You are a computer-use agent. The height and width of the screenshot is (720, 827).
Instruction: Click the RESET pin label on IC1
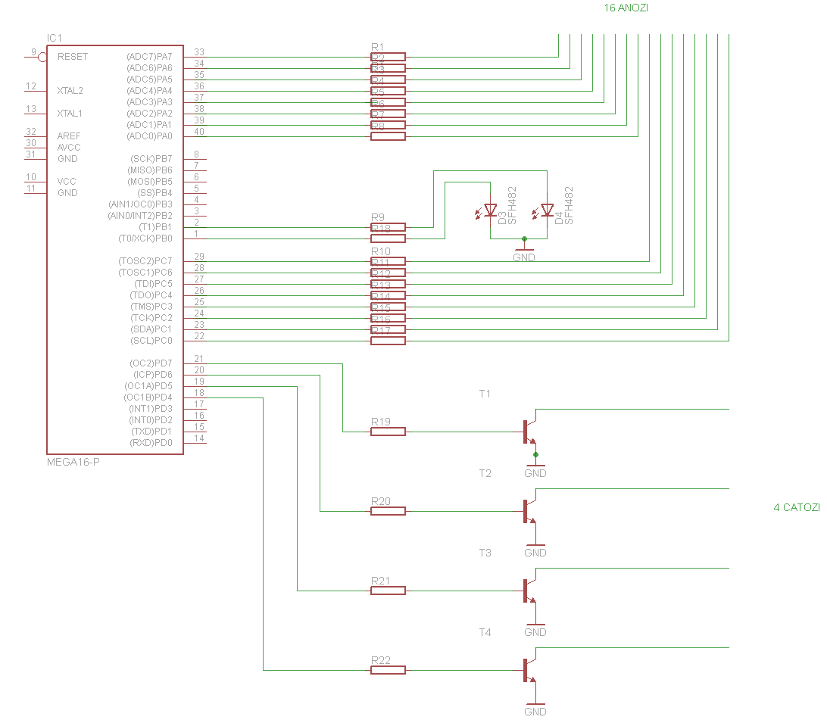coord(72,57)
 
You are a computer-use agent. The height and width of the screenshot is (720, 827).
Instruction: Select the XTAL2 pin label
coord(70,91)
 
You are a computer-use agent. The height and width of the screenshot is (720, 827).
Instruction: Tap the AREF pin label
coord(68,136)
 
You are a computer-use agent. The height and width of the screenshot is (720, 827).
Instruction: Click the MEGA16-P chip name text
coord(73,461)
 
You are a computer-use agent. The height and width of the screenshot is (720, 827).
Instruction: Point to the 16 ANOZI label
coord(626,8)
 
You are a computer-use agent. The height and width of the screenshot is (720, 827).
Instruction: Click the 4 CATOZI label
coord(796,507)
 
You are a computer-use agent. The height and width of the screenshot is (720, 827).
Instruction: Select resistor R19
coord(388,432)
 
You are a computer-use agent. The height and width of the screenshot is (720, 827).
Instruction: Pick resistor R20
coord(388,511)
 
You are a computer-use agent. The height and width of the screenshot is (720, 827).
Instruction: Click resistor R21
coord(388,591)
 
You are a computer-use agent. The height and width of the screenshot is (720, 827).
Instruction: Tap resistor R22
coord(388,670)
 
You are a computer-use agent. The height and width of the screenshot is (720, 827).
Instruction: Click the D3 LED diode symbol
coord(490,210)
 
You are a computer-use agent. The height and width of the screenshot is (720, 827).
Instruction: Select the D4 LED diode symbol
coord(547,210)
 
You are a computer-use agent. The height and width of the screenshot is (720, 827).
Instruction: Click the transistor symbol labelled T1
coord(529,431)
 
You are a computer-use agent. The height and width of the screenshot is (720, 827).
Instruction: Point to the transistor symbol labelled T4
coord(529,669)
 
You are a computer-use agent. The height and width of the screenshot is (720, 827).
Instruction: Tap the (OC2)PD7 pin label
coord(151,363)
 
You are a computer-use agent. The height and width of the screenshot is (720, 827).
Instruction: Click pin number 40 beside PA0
coord(199,132)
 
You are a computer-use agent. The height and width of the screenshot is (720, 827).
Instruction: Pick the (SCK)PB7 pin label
coord(151,159)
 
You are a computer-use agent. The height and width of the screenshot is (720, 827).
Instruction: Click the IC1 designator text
coord(55,38)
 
